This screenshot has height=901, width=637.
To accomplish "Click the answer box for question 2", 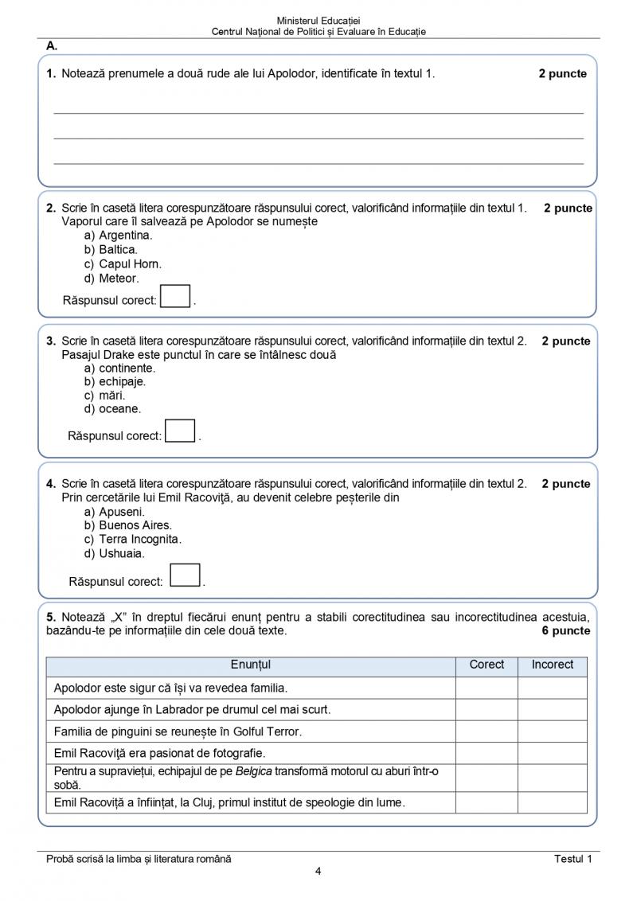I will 175,296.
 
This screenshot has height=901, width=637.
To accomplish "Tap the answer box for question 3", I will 180,431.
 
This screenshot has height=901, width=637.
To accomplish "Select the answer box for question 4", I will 185,575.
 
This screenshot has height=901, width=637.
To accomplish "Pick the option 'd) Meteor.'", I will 111,279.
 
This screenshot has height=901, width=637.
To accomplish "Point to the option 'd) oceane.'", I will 112,409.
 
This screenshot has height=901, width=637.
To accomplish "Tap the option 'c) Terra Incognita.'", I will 132,540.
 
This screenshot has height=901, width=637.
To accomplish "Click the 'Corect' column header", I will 487,665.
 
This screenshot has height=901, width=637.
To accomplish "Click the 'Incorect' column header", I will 553,665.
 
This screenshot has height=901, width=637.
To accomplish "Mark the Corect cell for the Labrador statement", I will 487,709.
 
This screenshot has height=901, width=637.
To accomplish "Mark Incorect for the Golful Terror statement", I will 553,731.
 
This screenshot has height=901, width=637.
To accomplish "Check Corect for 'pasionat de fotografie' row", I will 487,752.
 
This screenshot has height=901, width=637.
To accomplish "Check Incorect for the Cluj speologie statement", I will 553,802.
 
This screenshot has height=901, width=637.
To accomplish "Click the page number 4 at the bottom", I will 318,871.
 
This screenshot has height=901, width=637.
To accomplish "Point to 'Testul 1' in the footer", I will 573,858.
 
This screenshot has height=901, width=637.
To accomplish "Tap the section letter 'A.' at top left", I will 52,46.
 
